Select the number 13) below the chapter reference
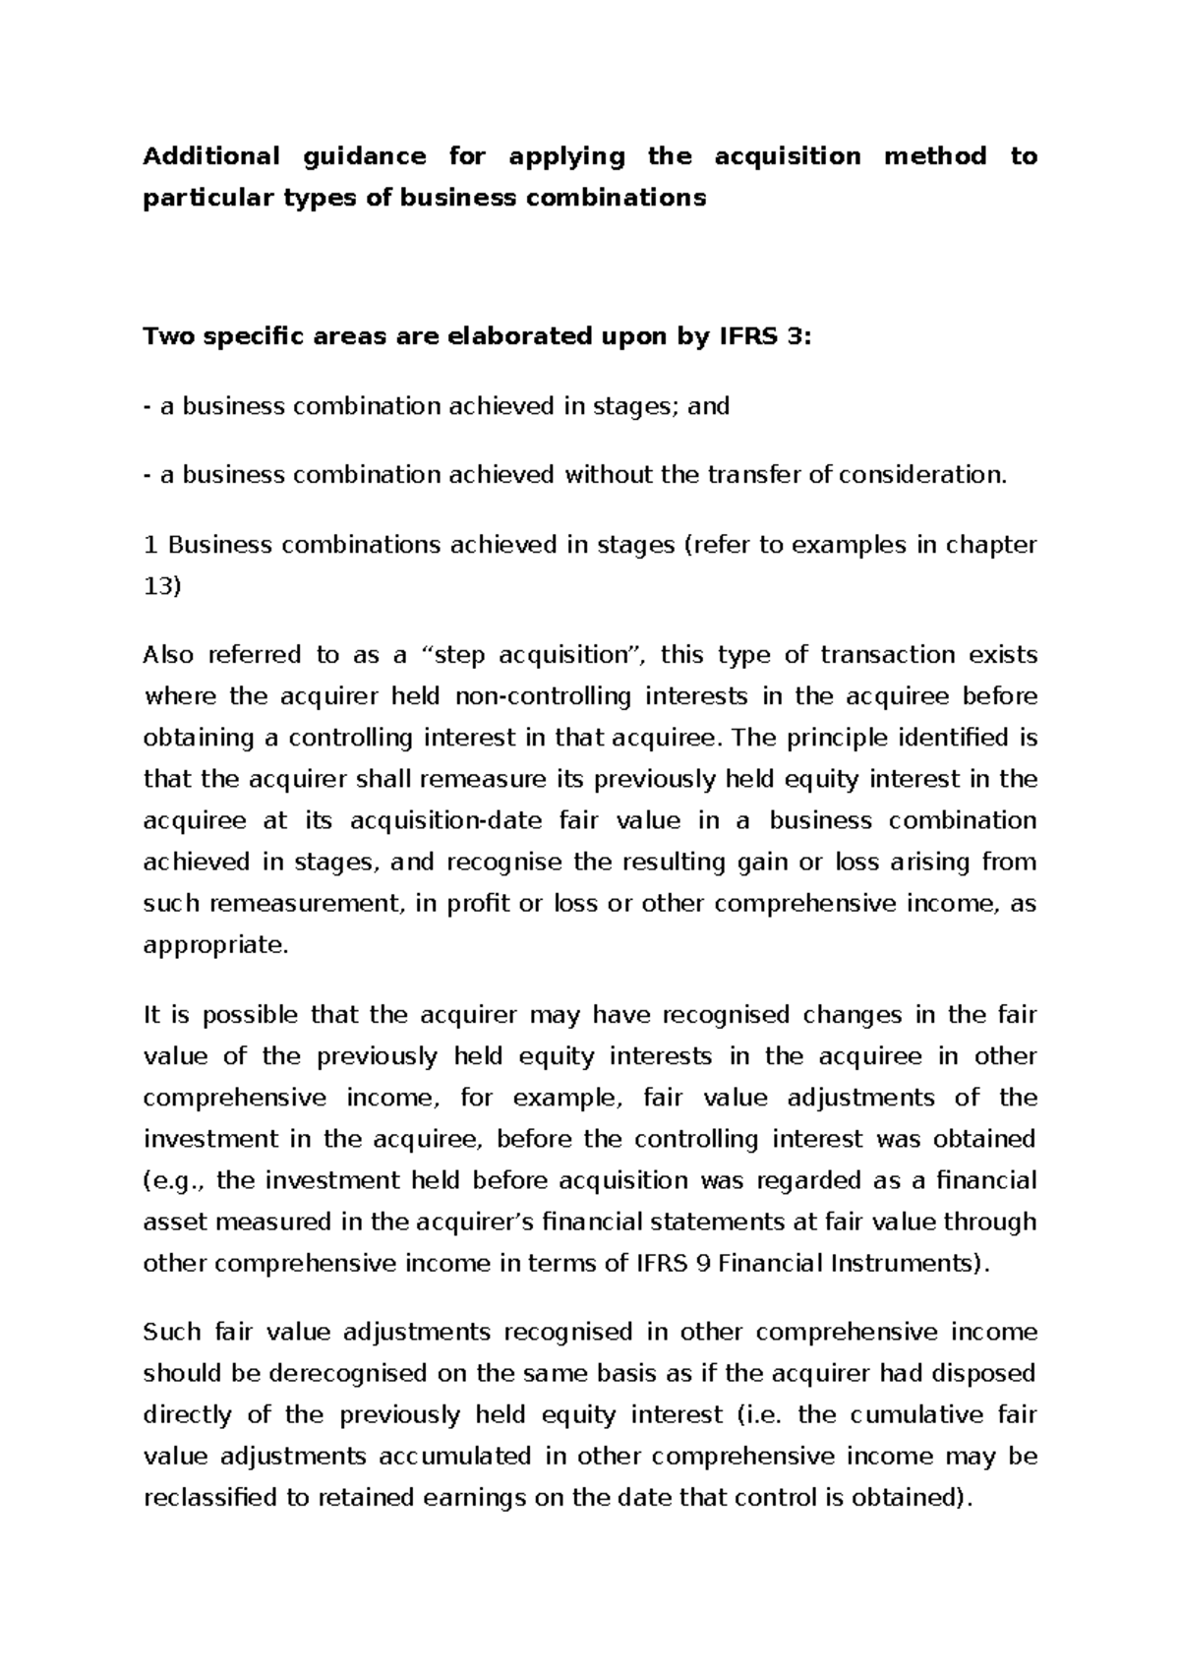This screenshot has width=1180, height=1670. click(162, 586)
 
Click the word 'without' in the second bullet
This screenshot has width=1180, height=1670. click(608, 475)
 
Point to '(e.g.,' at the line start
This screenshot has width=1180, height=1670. click(176, 1180)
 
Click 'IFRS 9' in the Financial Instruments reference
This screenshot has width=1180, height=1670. click(673, 1263)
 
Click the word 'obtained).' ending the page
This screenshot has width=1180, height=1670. click(919, 1498)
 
